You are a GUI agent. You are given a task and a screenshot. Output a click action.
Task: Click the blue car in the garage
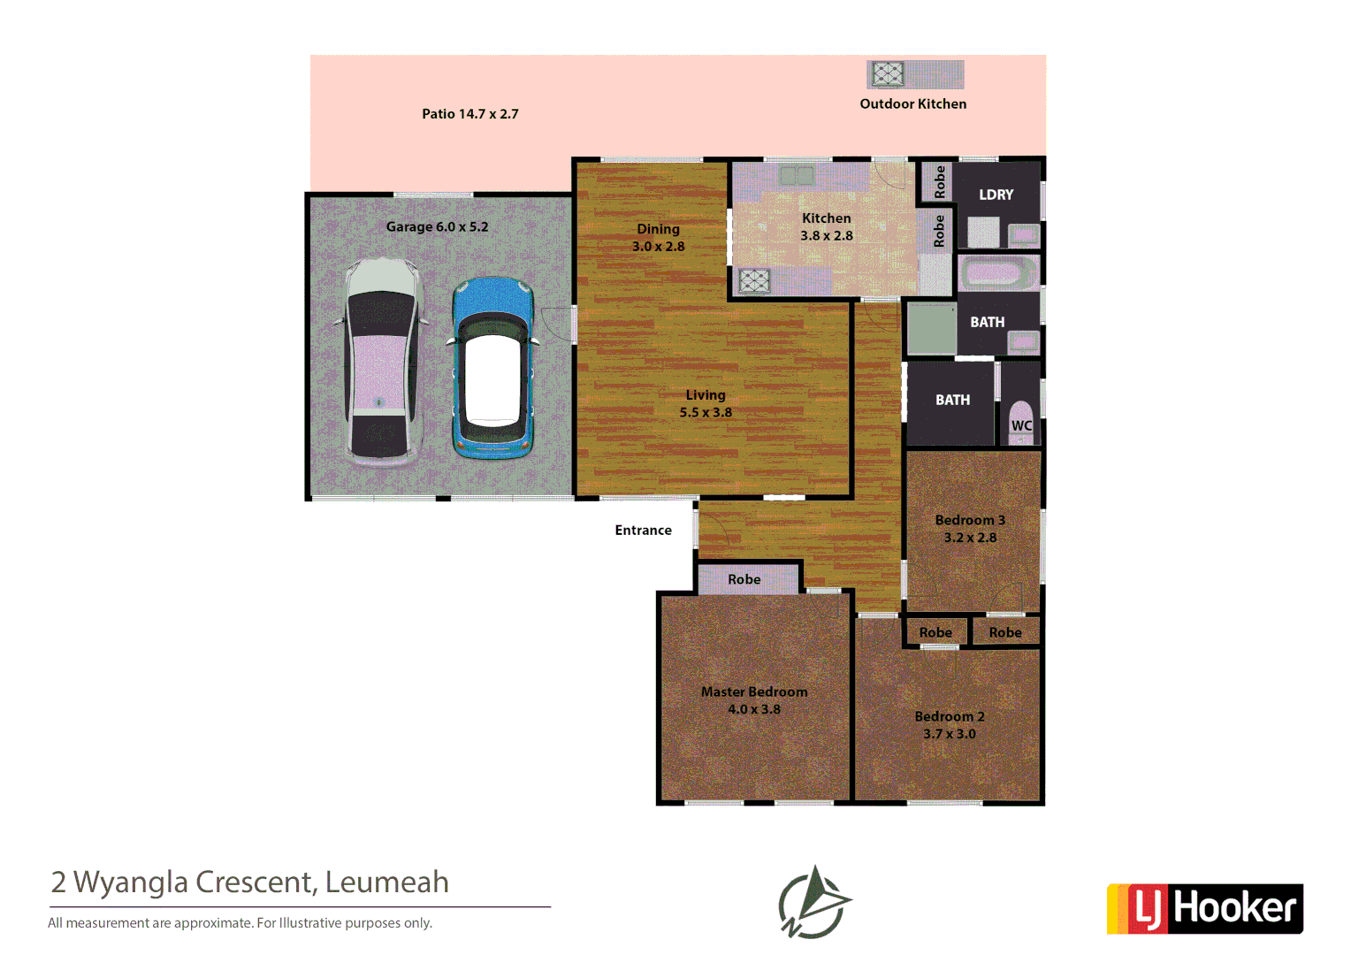492,369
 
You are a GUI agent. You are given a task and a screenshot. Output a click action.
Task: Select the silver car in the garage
381,363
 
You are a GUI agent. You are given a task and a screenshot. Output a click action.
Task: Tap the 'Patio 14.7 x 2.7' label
469,114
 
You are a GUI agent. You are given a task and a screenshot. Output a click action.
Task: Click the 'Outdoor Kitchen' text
912,104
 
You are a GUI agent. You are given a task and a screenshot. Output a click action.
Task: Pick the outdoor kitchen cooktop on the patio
888,74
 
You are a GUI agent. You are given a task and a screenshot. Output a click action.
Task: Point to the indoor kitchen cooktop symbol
754,281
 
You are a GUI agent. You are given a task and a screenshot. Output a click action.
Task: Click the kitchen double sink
796,176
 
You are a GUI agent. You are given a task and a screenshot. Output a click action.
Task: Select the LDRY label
996,195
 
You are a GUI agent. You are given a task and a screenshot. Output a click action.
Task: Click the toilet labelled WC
1021,421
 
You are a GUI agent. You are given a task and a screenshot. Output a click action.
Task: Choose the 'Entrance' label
643,531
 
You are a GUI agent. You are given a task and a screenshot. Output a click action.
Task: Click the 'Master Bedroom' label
754,692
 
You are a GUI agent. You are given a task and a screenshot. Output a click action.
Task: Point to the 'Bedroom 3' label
970,521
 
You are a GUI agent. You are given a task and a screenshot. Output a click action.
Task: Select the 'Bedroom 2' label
950,717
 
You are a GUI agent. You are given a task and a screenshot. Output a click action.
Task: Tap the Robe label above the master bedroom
744,580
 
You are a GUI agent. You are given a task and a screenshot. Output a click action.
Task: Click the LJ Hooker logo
1204,908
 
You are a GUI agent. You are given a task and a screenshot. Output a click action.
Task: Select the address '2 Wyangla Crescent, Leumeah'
250,882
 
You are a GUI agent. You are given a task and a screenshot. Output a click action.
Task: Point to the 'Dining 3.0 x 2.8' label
658,238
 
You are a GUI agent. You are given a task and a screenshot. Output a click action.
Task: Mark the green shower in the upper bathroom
932,329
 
